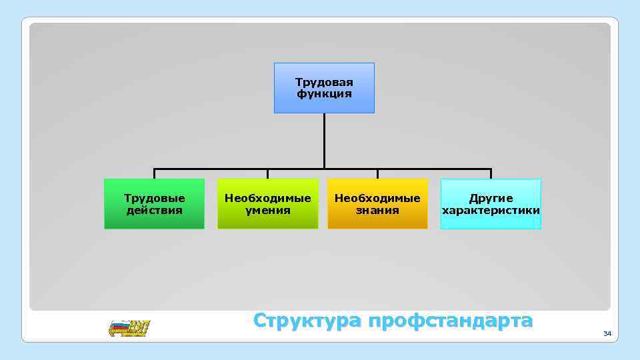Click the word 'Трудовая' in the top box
pos(324,83)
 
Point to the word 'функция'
pos(324,94)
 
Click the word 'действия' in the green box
pos(155,210)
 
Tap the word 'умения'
pos(268,210)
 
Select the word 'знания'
pos(377,210)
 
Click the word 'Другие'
pos(491,199)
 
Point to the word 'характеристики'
pos(491,210)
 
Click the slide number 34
pos(607,333)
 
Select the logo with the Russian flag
pos(129,328)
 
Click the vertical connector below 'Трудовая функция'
pos(324,141)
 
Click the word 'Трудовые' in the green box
pos(155,199)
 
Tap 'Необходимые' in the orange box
pos(377,199)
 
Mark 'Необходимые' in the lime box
pos(268,199)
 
